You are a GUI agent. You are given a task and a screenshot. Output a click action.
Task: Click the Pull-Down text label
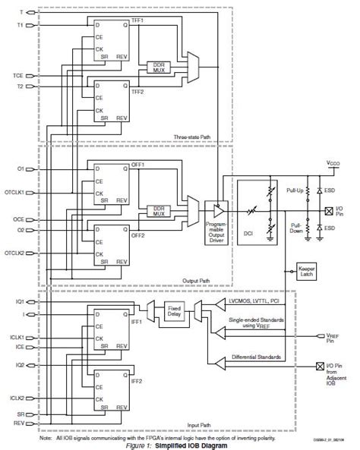(x=295, y=225)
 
